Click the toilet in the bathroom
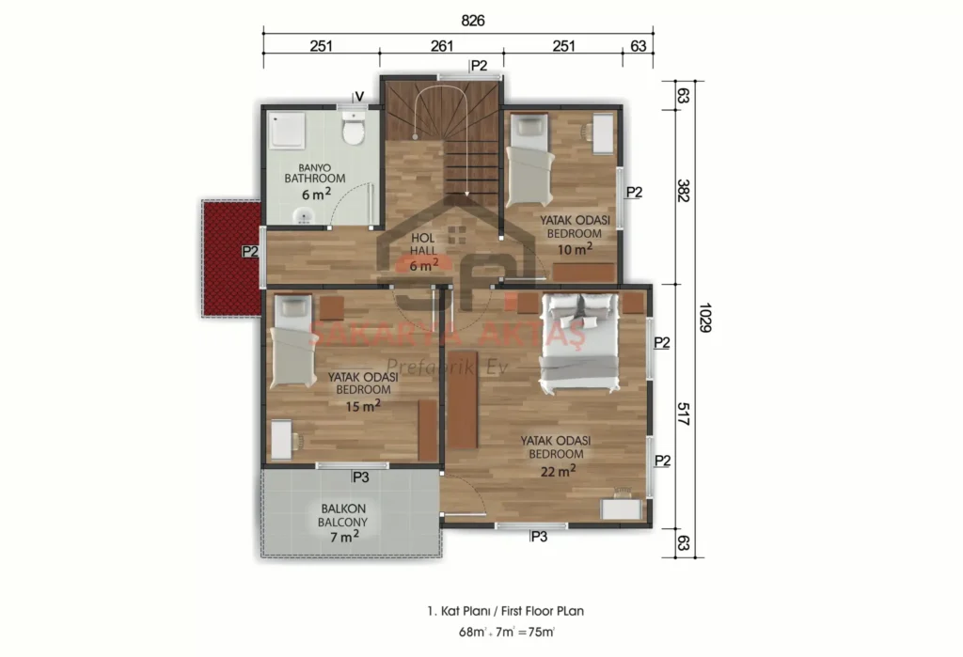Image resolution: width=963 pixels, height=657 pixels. coord(354,129)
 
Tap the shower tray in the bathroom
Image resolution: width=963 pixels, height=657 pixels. coord(287,130)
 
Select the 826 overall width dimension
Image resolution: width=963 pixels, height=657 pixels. coord(473,21)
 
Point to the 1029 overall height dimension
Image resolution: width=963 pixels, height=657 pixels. coord(704,318)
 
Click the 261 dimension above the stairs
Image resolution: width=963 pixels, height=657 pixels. coord(442,46)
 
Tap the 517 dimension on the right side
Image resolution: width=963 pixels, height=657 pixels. coord(683,415)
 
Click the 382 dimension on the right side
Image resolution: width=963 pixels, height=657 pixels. coord(683,191)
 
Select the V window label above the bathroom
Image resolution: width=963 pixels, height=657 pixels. coord(359,97)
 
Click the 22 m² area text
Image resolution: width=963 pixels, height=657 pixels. coord(559,471)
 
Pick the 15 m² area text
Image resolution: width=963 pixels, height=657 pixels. coord(363,405)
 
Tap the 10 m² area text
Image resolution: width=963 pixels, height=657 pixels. coord(575,249)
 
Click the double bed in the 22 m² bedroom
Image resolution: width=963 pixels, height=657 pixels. coord(578,342)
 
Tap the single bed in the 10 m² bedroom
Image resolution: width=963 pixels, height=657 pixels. coord(529,160)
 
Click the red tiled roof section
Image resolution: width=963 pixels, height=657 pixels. coord(232,258)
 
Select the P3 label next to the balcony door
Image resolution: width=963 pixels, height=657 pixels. coord(360,477)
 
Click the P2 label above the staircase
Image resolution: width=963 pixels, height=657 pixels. coord(479,66)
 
